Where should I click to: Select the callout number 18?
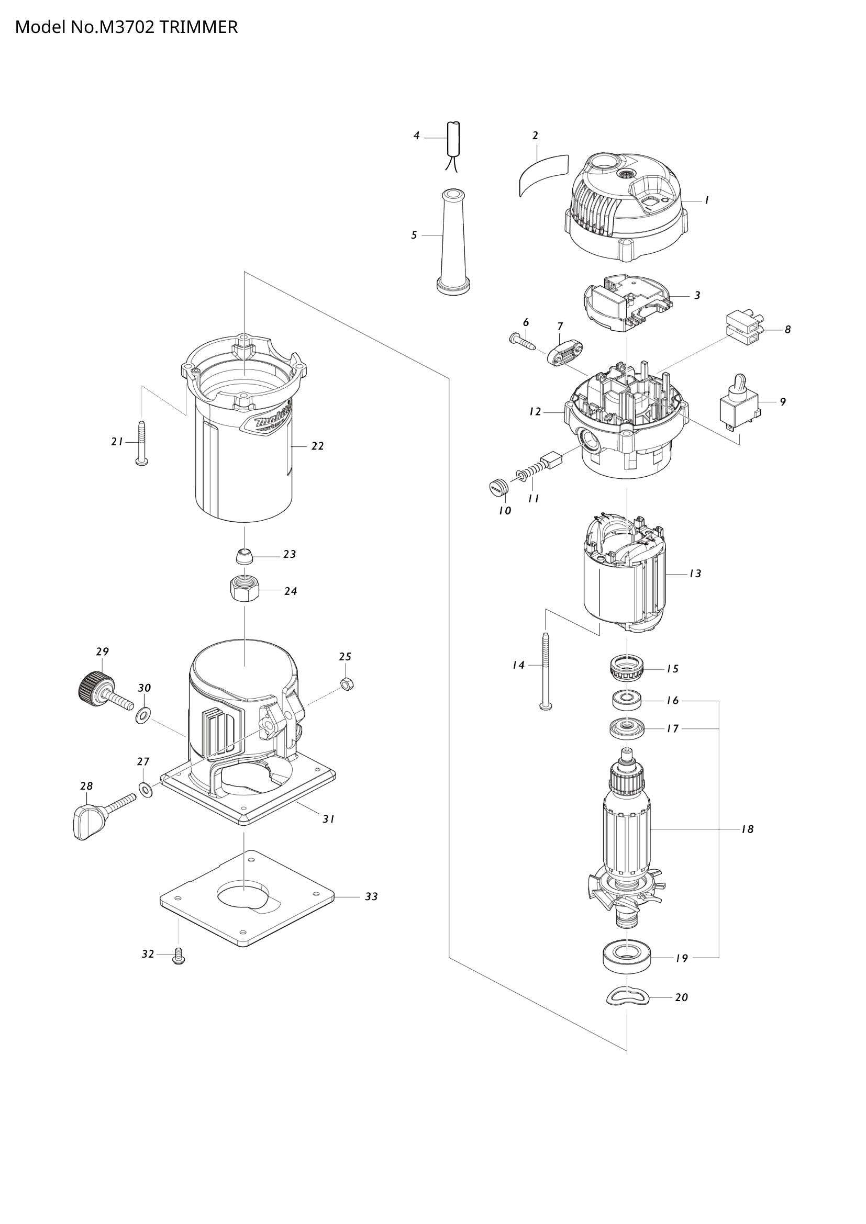click(747, 829)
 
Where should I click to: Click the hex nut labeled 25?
click(346, 684)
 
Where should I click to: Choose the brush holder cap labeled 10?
click(497, 487)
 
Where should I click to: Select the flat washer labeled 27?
click(145, 789)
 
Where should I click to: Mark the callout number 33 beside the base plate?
click(371, 897)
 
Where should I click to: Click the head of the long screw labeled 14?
click(546, 707)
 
